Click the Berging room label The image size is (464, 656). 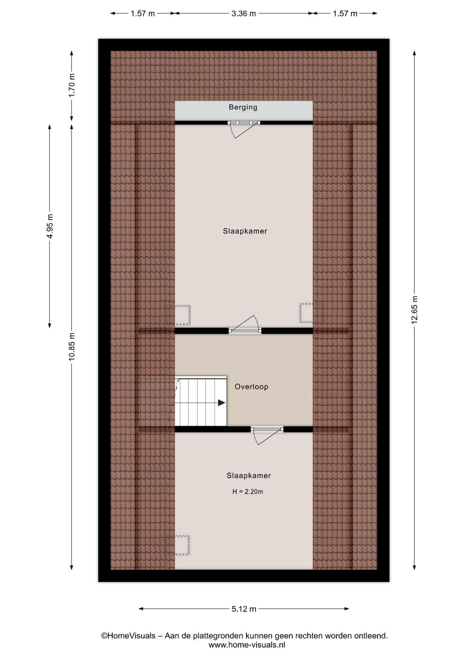click(x=243, y=107)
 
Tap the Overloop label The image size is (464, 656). click(x=251, y=387)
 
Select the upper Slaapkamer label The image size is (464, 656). click(x=245, y=231)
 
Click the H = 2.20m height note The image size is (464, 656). click(x=247, y=492)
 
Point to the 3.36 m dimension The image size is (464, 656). click(x=244, y=14)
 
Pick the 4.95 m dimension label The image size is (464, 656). click(x=50, y=226)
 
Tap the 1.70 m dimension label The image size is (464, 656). click(x=72, y=86)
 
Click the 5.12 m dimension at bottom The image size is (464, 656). click(x=244, y=609)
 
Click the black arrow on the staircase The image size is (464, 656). click(x=221, y=403)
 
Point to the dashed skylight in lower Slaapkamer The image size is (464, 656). click(x=178, y=546)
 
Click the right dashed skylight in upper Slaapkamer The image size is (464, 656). click(x=311, y=313)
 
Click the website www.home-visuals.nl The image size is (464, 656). click(x=247, y=645)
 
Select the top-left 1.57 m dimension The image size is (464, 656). click(x=143, y=14)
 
